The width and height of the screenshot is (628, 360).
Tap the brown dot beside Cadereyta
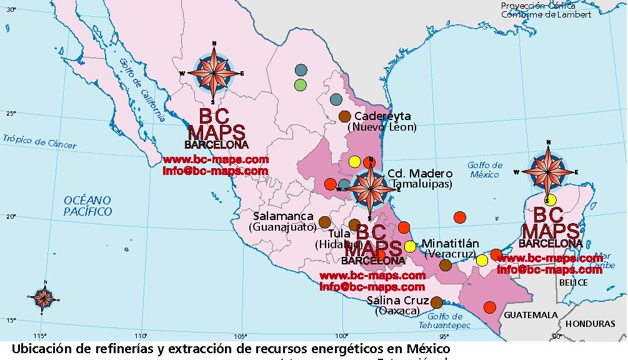pyautogui.click(x=344, y=116)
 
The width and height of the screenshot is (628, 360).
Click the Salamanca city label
pyautogui.click(x=283, y=216)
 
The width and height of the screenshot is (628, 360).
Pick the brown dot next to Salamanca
pyautogui.click(x=324, y=222)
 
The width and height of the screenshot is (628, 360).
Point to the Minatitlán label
pyautogui.click(x=450, y=243)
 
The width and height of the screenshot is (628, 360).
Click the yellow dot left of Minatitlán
pyautogui.click(x=410, y=246)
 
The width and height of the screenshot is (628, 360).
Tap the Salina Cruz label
pyautogui.click(x=397, y=300)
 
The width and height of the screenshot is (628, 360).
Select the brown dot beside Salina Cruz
pyautogui.click(x=437, y=302)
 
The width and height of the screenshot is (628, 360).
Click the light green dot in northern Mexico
pyautogui.click(x=301, y=84)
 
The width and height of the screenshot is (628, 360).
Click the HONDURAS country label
pyautogui.click(x=591, y=324)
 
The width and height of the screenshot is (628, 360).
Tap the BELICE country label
pyautogui.click(x=574, y=282)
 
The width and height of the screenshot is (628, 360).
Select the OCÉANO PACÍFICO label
pyautogui.click(x=88, y=206)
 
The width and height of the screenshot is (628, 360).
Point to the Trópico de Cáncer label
pyautogui.click(x=39, y=142)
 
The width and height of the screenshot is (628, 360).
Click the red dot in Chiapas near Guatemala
pyautogui.click(x=490, y=307)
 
